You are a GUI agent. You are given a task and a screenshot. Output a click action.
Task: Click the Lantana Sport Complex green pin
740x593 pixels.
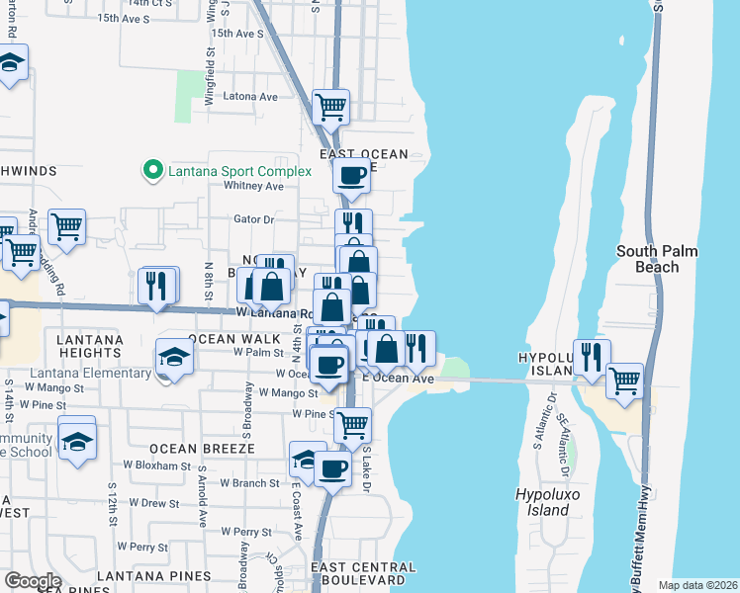[151, 171]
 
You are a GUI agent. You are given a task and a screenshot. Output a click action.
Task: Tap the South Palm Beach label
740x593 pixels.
[657, 259]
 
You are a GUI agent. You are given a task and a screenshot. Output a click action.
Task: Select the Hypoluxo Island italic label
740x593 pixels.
[543, 502]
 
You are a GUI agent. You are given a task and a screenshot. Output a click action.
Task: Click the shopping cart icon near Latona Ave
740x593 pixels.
[330, 106]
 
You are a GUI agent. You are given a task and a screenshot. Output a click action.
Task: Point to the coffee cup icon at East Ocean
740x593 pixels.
[350, 176]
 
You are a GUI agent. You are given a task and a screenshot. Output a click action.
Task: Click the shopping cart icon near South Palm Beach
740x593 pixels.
[624, 380]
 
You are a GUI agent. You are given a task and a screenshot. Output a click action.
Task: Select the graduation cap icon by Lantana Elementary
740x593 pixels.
[175, 357]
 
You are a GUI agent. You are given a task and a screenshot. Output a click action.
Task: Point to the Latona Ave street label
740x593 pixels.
[251, 97]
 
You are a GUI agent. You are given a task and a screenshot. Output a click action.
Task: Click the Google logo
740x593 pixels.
[32, 581]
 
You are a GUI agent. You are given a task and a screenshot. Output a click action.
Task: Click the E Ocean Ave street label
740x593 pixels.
[400, 379]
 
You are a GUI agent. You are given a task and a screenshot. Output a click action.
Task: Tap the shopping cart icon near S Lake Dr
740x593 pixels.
[351, 424]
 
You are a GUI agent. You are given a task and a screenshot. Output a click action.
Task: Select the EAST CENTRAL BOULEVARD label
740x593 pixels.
[363, 573]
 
